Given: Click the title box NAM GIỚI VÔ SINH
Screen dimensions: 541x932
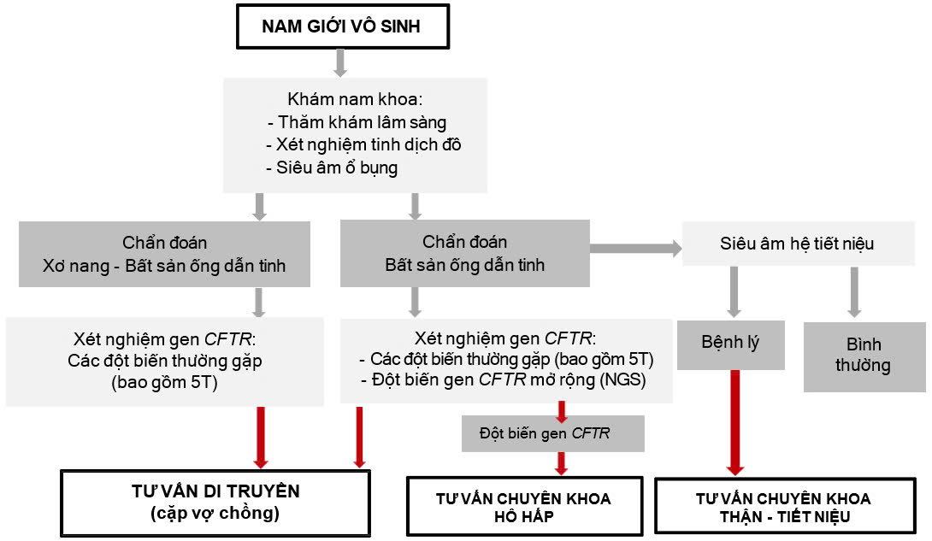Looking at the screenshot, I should click(341, 26).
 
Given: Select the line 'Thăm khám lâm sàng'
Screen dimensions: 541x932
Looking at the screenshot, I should click(362, 122).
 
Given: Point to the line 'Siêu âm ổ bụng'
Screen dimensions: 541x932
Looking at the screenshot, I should click(338, 168).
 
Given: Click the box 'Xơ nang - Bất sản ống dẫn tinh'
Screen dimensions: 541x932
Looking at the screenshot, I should click(164, 254).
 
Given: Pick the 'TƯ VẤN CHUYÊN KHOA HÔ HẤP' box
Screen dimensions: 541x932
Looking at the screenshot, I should click(523, 507).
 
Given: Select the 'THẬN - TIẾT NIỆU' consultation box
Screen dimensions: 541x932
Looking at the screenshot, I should click(782, 507).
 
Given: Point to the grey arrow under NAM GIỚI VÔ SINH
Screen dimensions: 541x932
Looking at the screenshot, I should click(340, 62).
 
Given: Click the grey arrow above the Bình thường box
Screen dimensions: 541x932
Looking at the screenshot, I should click(854, 293).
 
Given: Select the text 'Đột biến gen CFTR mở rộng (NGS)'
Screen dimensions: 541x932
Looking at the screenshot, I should click(509, 380).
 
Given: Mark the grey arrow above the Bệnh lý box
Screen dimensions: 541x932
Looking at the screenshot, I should click(732, 293).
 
